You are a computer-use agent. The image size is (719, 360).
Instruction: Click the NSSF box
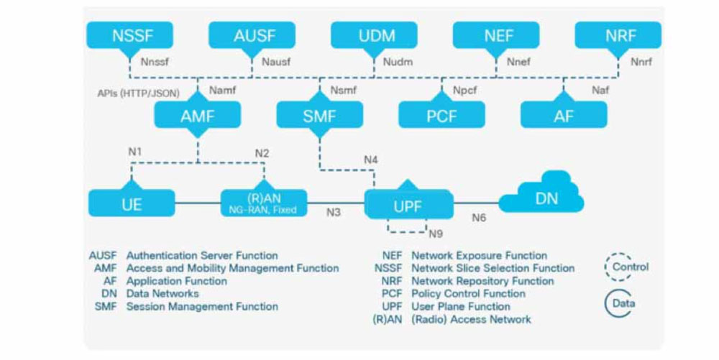pyautogui.click(x=129, y=34)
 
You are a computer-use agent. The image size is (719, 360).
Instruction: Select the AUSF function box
pyautogui.click(x=252, y=34)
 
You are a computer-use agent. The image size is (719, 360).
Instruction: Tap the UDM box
pyautogui.click(x=374, y=34)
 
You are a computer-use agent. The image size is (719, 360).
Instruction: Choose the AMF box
pyautogui.click(x=197, y=114)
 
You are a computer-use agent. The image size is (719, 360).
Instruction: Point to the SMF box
pyautogui.click(x=319, y=114)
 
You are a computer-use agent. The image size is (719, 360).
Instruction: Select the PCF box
pyautogui.click(x=441, y=114)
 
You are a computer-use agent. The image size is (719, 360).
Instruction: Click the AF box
pyautogui.click(x=564, y=114)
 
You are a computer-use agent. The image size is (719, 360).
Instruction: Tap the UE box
pyautogui.click(x=131, y=203)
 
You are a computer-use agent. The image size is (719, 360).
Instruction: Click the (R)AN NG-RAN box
pyautogui.click(x=263, y=203)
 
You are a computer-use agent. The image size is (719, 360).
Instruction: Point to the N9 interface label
pyautogui.click(x=436, y=234)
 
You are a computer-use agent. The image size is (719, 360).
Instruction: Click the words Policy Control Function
pyautogui.click(x=468, y=294)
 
